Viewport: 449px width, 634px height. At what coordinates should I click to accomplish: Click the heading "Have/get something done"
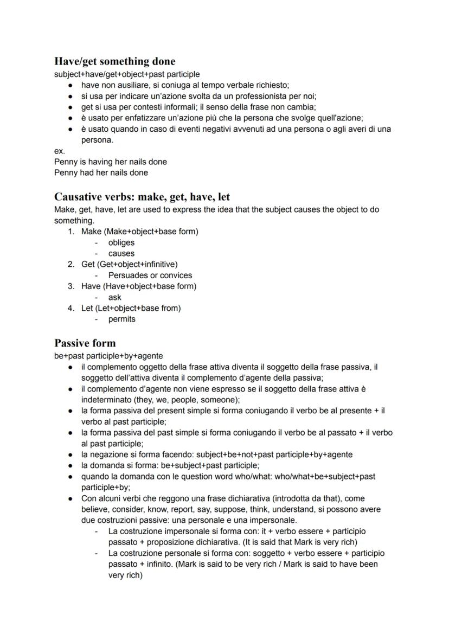pos(114,61)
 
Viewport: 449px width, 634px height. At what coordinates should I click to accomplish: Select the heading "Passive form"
pos(85,343)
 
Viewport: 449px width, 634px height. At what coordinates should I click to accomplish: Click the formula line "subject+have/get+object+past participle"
pos(127,74)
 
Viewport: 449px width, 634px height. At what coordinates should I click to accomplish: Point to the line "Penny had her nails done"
pos(101,172)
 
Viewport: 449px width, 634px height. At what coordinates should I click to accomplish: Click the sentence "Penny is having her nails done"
pos(111,162)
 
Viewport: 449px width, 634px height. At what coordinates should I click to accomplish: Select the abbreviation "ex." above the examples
pos(59,151)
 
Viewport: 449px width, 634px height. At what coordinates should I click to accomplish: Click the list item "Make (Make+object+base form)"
pos(139,232)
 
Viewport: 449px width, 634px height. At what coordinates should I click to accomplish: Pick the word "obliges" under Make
pos(121,242)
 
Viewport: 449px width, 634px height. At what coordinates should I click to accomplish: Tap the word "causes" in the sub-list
pos(121,253)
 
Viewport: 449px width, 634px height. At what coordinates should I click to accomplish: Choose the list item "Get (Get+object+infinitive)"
pos(129,264)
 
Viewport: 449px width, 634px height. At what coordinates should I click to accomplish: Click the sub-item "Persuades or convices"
pos(150,275)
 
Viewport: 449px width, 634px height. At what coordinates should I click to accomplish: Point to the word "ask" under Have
pos(115,297)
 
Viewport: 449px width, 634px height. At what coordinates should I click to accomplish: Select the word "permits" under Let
pos(122,319)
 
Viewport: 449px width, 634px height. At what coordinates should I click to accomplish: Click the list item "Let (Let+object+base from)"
pos(131,308)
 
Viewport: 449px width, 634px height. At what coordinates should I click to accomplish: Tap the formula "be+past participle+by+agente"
pos(108,356)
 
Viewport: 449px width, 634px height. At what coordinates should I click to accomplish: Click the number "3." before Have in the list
pos(71,286)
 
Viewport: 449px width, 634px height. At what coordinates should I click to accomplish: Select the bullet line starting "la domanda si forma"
pos(170,465)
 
